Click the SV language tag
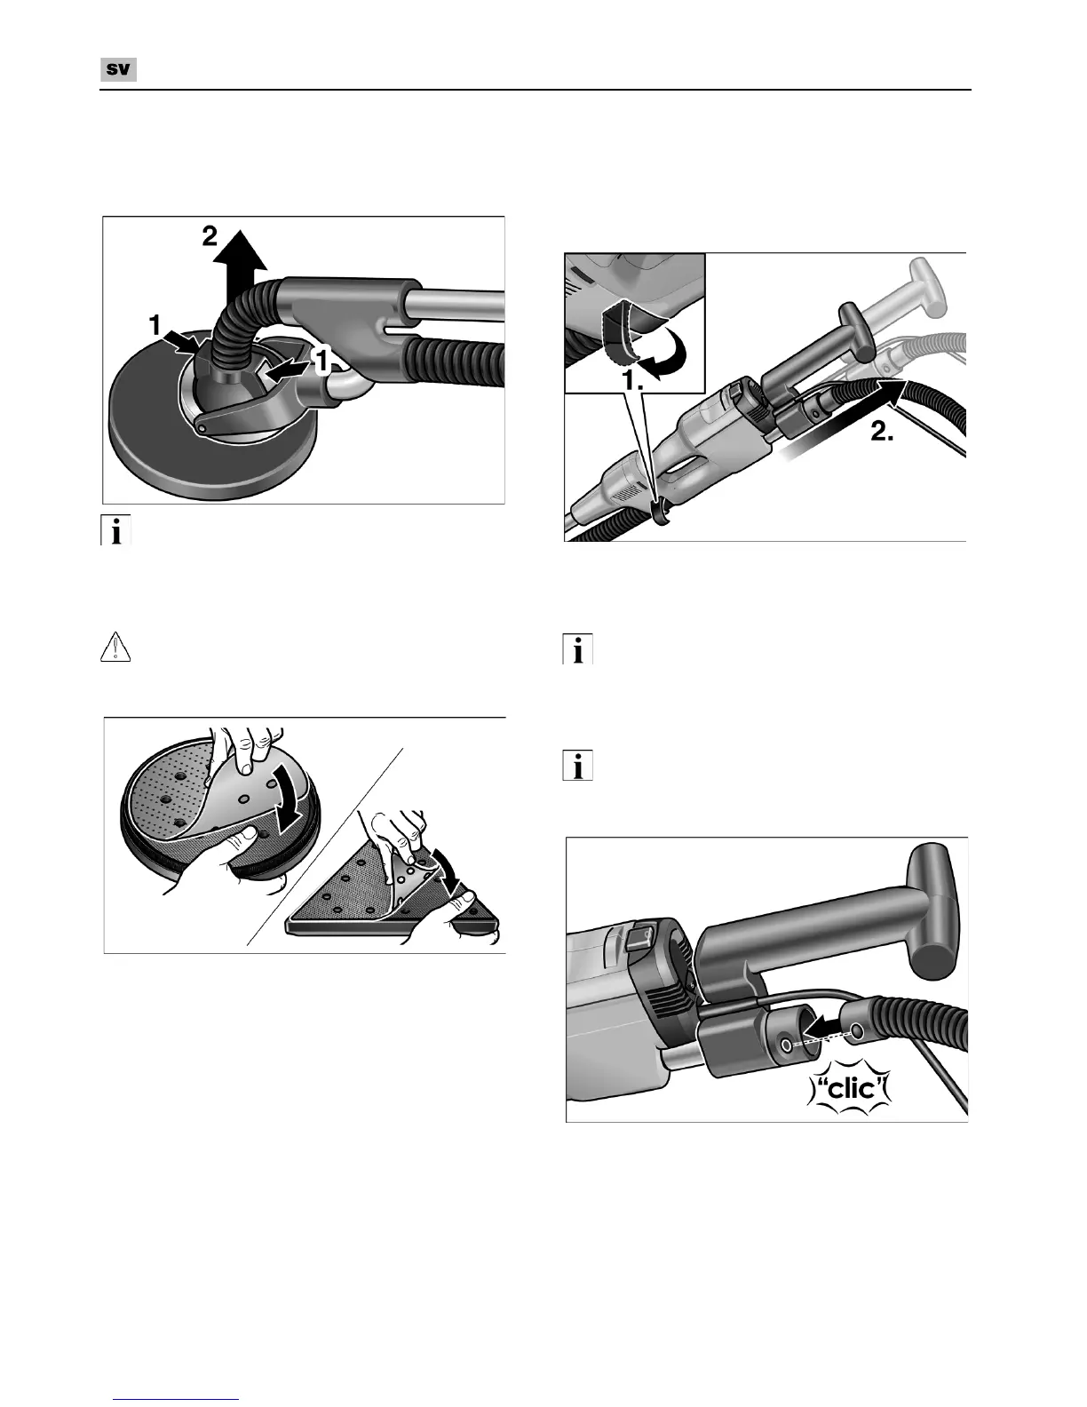click(x=118, y=69)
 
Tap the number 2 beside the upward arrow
click(x=210, y=236)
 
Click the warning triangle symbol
click(x=115, y=648)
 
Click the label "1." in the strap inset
click(x=633, y=381)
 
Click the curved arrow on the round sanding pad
click(x=282, y=804)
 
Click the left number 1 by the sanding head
click(x=155, y=325)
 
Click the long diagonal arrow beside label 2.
click(x=842, y=420)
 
